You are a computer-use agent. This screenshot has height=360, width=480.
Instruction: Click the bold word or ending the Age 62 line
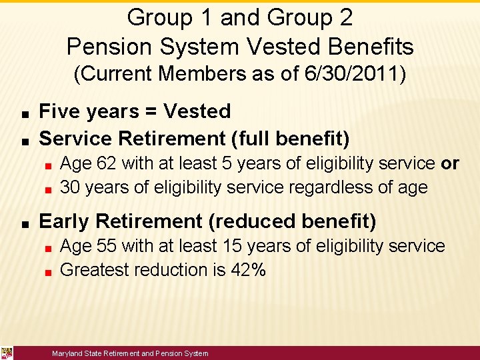(450, 163)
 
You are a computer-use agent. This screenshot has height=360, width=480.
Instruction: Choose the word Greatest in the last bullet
(94, 270)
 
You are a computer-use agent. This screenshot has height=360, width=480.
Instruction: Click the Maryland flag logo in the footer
(7, 353)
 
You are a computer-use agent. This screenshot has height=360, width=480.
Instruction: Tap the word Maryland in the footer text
(67, 353)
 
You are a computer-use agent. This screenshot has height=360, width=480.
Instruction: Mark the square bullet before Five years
(23, 112)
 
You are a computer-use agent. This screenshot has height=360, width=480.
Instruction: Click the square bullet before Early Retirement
(23, 222)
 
